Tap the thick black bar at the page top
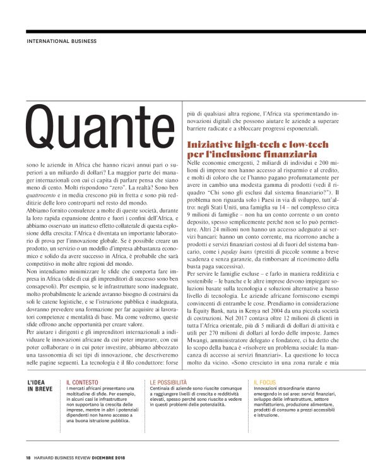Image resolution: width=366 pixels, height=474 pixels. [x=183, y=32]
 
